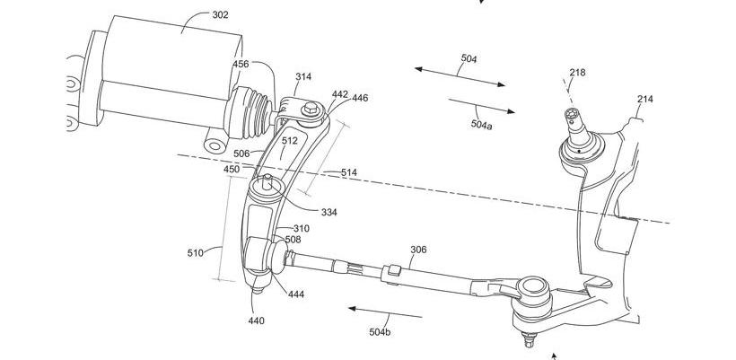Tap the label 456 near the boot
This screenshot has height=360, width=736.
(241, 64)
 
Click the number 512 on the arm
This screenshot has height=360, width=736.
(289, 140)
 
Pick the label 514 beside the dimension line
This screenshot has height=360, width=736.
(348, 172)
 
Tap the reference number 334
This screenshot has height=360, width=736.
(329, 213)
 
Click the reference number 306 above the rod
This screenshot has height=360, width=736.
(418, 251)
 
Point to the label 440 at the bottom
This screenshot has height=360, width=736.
(255, 320)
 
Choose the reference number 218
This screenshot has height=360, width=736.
(576, 73)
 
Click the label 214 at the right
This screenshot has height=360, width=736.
(645, 100)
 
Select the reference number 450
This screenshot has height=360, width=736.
(232, 169)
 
